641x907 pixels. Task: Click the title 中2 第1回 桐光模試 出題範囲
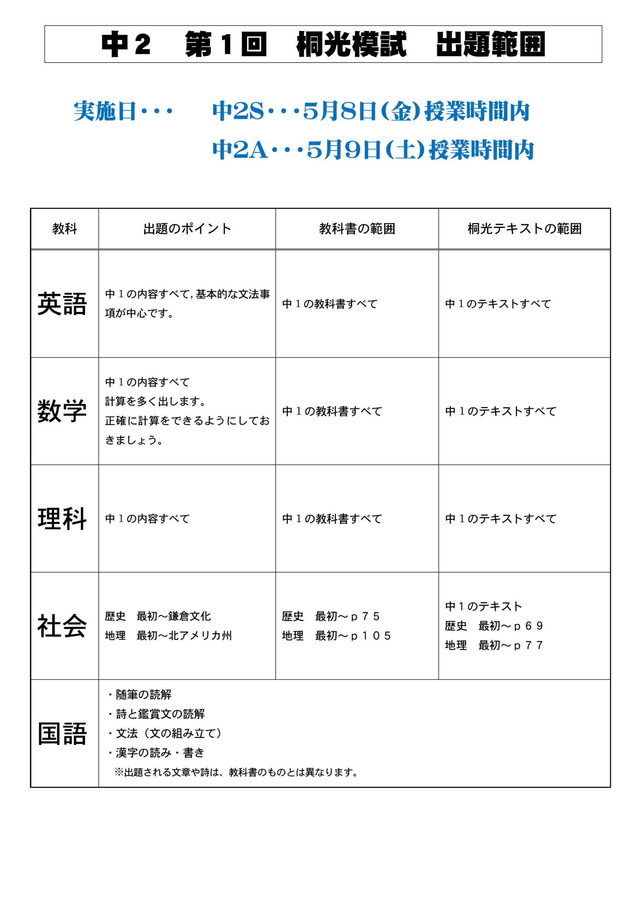click(x=323, y=44)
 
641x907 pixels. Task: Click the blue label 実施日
click(x=105, y=111)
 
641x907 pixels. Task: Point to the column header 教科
click(x=64, y=229)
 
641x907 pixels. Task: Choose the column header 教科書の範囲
click(x=357, y=229)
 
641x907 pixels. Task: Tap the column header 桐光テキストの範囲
click(x=524, y=229)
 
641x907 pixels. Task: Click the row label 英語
click(x=62, y=304)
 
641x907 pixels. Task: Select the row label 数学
click(x=62, y=411)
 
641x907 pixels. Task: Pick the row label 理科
click(x=62, y=519)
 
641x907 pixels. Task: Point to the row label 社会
click(x=62, y=626)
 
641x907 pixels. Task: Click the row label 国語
click(x=62, y=734)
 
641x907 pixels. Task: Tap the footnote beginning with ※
click(x=236, y=772)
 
